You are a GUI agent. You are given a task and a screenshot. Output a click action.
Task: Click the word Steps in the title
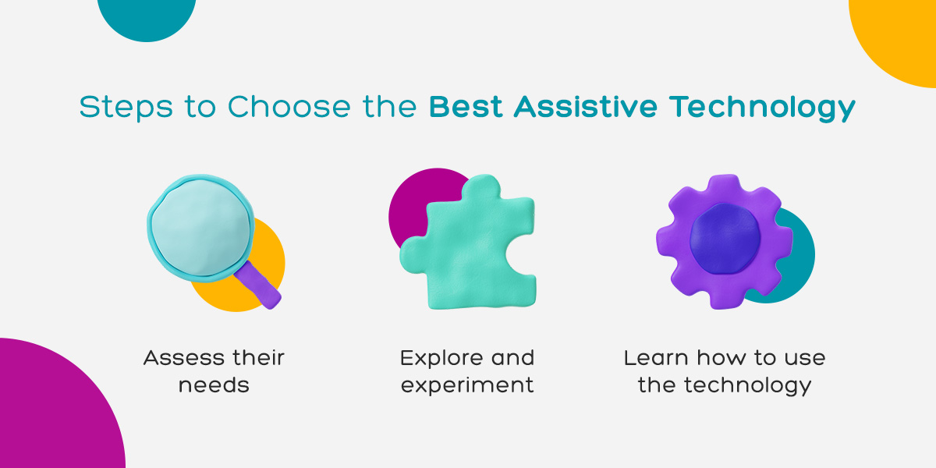[x=126, y=108]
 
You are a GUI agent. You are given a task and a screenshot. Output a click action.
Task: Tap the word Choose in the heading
[x=289, y=106]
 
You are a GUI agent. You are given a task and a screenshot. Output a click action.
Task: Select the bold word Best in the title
[x=466, y=107]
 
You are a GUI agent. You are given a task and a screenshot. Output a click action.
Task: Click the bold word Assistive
[x=586, y=106]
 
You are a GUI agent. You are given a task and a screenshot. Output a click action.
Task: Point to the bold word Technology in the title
[x=762, y=108]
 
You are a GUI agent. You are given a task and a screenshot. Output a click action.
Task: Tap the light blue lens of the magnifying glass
[x=201, y=228]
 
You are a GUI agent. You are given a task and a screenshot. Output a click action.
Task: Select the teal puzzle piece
[x=469, y=243]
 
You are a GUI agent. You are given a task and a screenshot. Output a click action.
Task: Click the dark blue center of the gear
[x=724, y=239]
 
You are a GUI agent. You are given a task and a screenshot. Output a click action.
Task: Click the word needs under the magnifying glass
[x=214, y=385]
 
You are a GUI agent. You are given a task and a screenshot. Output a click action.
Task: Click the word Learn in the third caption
[x=656, y=358]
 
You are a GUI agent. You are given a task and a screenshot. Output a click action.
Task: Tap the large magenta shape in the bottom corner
[x=55, y=407]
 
